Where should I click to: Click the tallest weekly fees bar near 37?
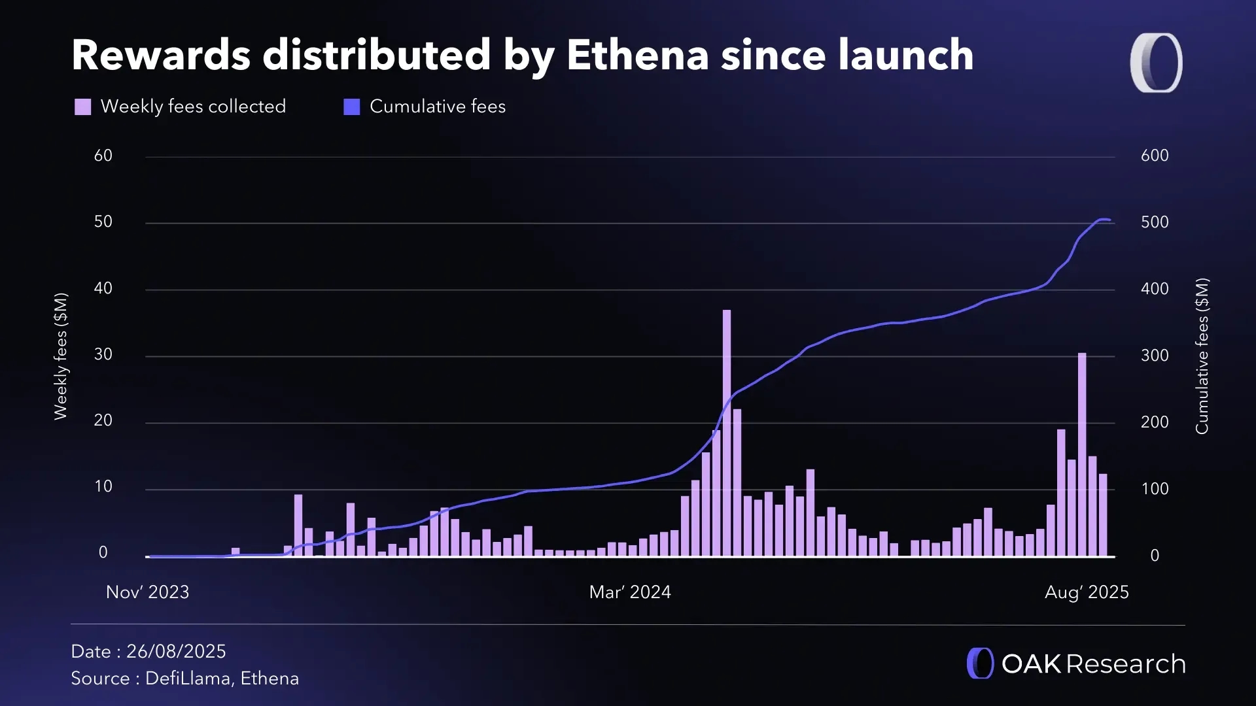coord(727,431)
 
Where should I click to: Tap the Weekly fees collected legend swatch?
coord(83,107)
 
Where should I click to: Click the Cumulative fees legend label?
coord(437,107)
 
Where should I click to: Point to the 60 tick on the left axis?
coord(103,156)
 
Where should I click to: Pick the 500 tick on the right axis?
coord(1155,222)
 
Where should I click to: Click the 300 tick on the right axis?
coord(1155,356)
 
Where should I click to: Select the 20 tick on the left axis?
coord(103,420)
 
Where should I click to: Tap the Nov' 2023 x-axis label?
coord(148,592)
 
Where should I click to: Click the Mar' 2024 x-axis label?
coord(630,592)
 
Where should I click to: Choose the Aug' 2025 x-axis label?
coord(1087,592)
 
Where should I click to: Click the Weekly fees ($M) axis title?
coord(61,356)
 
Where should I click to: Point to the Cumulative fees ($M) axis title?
coord(1202,356)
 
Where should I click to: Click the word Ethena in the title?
coord(638,55)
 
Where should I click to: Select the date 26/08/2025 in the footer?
coord(176,652)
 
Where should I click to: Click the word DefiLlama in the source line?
coord(188,679)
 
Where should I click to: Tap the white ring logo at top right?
coord(1156,63)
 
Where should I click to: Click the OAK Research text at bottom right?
coord(1093,664)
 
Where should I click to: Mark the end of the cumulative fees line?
coord(1109,220)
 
